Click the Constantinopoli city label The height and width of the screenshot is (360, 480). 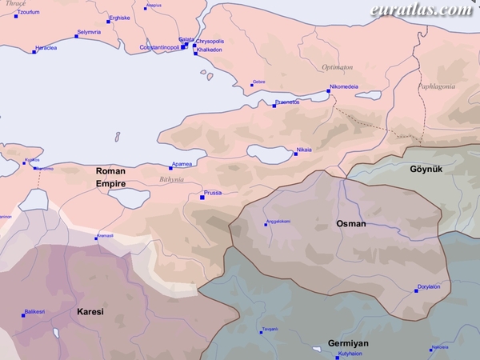click(x=160, y=47)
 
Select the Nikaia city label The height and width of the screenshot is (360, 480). click(x=304, y=150)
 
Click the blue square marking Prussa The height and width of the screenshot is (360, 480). click(x=202, y=198)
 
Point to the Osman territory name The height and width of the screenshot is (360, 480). click(x=351, y=224)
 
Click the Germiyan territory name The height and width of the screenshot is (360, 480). click(x=348, y=343)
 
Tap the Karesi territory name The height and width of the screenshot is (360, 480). click(x=90, y=311)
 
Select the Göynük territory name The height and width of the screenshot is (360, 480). click(x=426, y=169)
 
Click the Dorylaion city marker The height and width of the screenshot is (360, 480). click(x=416, y=291)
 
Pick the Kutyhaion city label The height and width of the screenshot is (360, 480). click(x=350, y=353)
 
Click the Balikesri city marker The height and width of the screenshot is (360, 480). click(x=24, y=316)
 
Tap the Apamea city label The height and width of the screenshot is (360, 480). click(x=182, y=163)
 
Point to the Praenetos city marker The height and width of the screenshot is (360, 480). click(x=274, y=106)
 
